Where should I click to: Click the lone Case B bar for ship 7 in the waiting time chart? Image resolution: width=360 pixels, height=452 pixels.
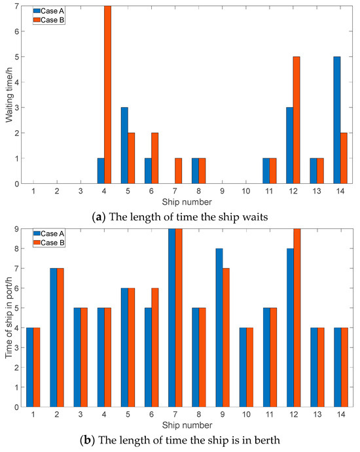click(179, 171)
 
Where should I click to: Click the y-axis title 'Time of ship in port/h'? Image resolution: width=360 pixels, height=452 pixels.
click(9, 318)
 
